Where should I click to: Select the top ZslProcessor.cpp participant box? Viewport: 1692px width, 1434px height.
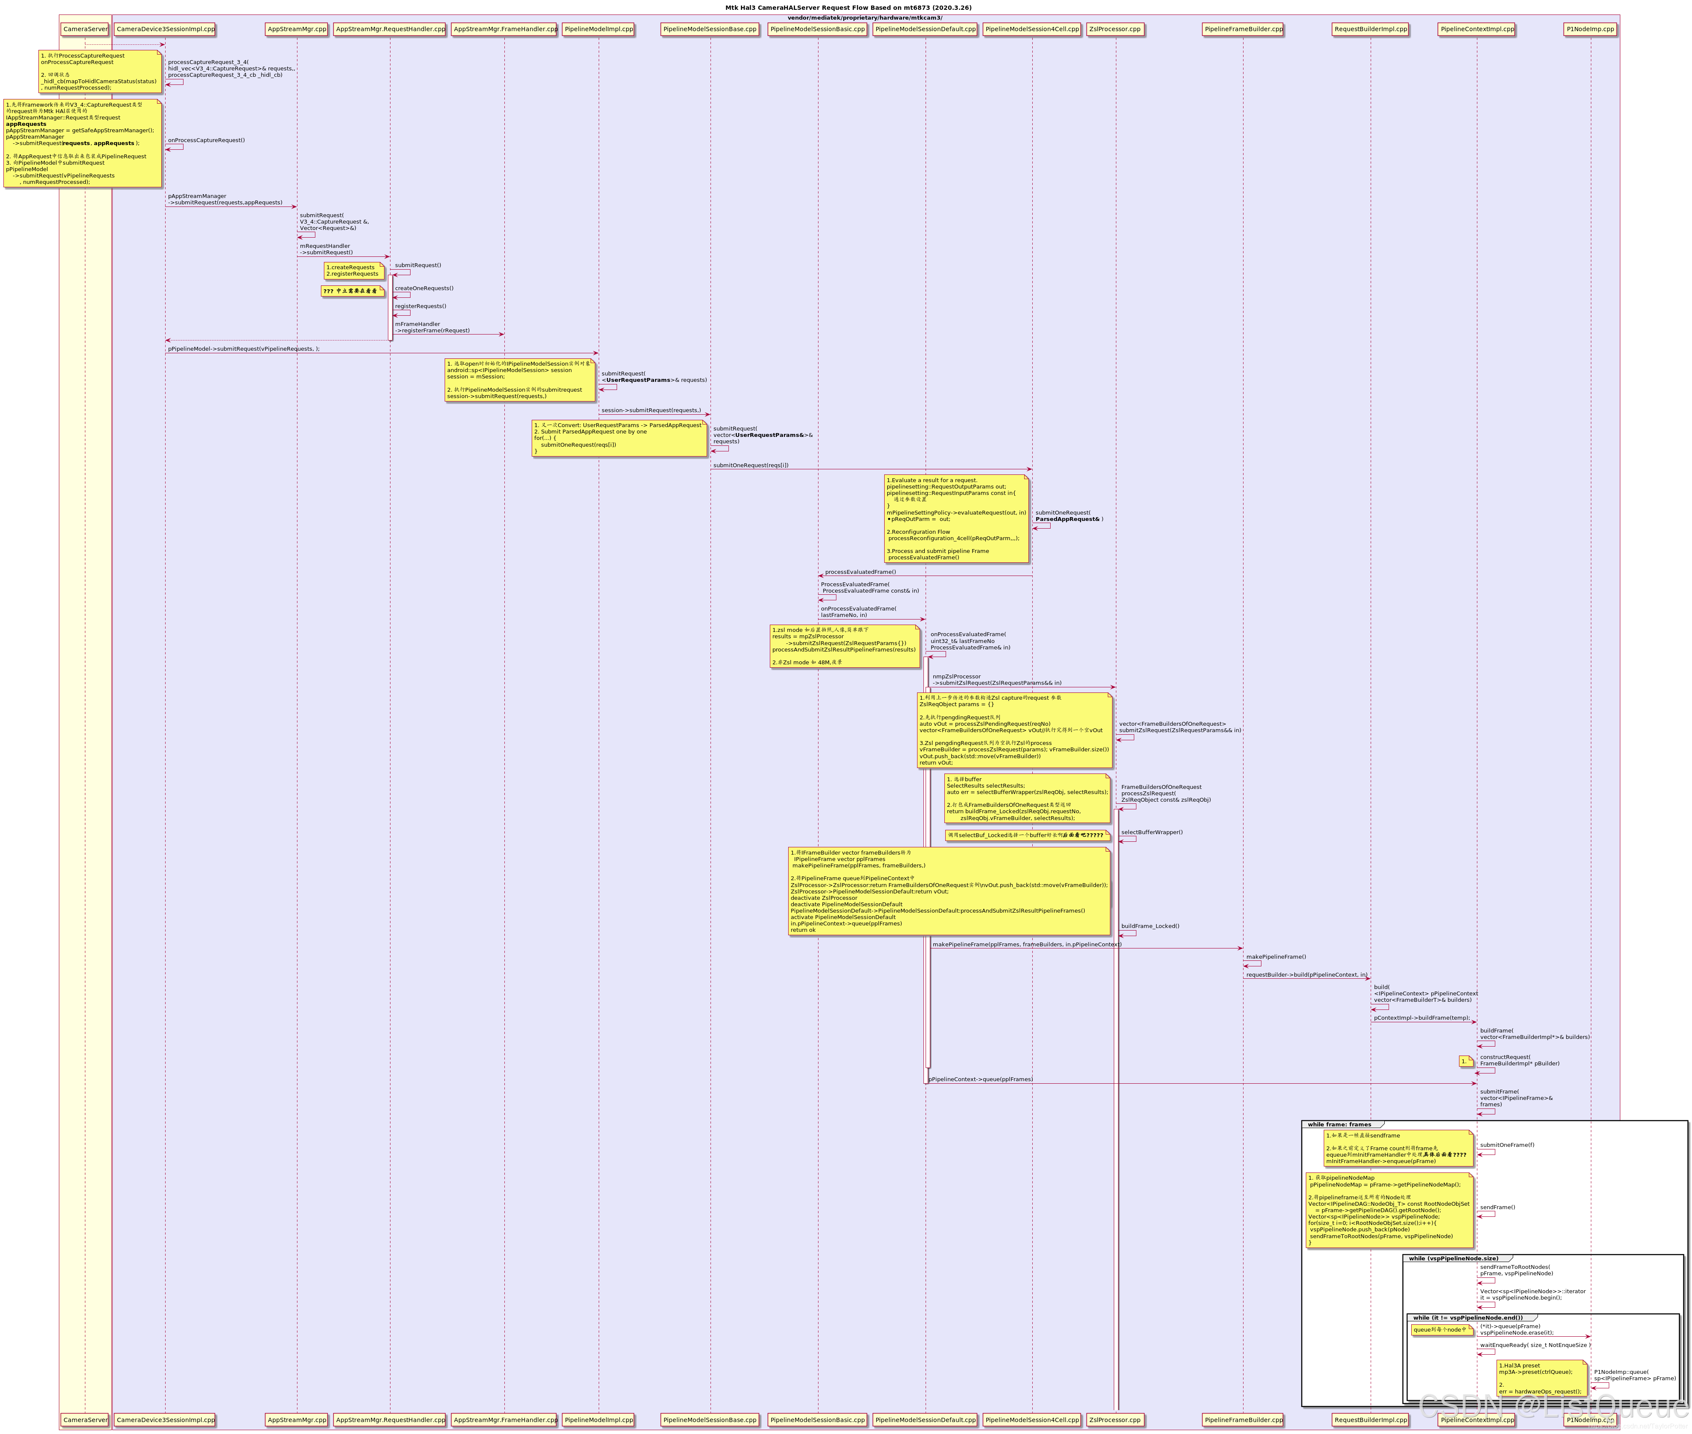click(x=1115, y=29)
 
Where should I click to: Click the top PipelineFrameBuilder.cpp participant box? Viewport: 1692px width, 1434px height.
click(x=1243, y=29)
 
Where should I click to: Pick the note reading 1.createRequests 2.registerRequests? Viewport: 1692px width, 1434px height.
click(x=353, y=271)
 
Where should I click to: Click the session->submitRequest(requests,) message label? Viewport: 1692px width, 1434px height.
click(x=650, y=410)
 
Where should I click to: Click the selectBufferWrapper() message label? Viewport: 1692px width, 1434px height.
click(x=1151, y=832)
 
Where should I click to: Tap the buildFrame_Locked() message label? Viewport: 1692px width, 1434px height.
click(x=1150, y=926)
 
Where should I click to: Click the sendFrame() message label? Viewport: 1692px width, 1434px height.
click(x=1497, y=1207)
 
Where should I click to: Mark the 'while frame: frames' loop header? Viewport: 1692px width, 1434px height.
click(x=1338, y=1124)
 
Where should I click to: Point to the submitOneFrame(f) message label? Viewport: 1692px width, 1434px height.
click(x=1507, y=1145)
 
